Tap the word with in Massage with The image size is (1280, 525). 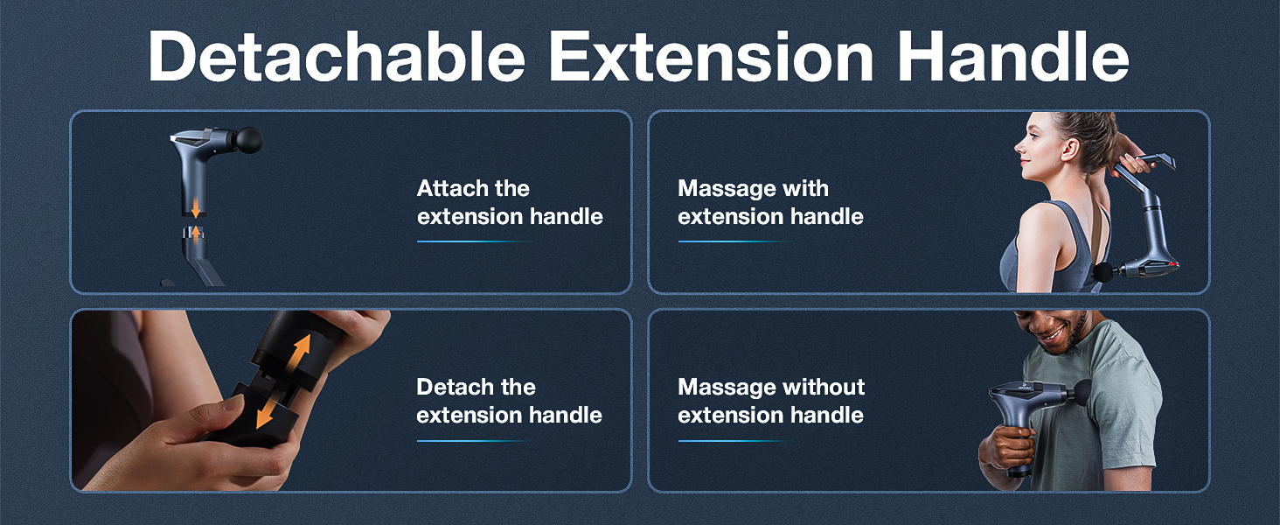pyautogui.click(x=805, y=189)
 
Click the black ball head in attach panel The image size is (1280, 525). pyautogui.click(x=249, y=138)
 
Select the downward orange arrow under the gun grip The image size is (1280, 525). pyautogui.click(x=198, y=207)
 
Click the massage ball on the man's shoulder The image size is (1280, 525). pyautogui.click(x=1082, y=391)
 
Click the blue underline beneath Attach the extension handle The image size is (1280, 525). pyautogui.click(x=472, y=241)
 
